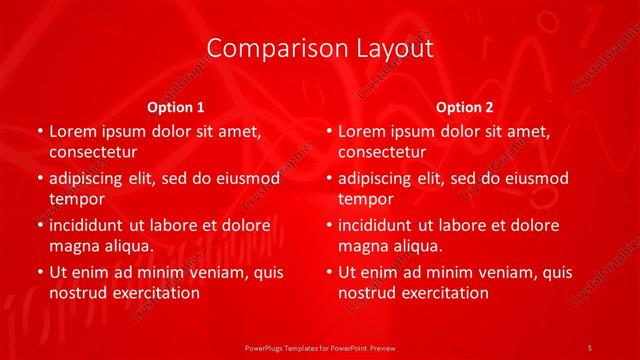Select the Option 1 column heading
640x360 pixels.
click(175, 106)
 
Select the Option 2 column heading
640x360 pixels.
click(465, 106)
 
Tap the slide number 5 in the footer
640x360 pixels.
click(590, 346)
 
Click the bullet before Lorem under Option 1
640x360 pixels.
click(39, 131)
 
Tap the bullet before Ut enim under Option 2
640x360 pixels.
click(329, 272)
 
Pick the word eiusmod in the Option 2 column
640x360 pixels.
click(536, 178)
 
